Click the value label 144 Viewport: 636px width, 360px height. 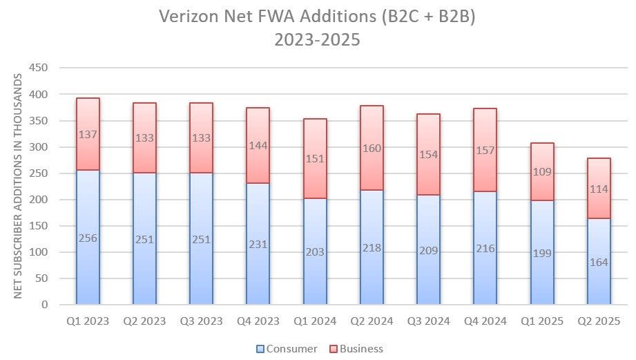click(x=258, y=146)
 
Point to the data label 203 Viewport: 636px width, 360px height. click(x=315, y=252)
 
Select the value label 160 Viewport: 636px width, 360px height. click(x=372, y=147)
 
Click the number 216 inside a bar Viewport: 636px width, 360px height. click(x=485, y=248)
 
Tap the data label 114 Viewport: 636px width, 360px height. click(x=599, y=189)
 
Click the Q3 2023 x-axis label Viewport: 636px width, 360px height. click(x=202, y=321)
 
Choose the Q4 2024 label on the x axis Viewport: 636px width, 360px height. click(x=485, y=321)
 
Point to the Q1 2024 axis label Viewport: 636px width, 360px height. click(x=315, y=321)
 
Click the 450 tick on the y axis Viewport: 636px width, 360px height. click(x=38, y=68)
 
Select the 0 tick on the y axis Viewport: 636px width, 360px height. click(x=44, y=305)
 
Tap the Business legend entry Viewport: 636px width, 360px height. click(x=355, y=349)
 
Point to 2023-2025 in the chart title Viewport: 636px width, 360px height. click(x=318, y=39)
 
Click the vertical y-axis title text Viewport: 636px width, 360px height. click(x=18, y=187)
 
